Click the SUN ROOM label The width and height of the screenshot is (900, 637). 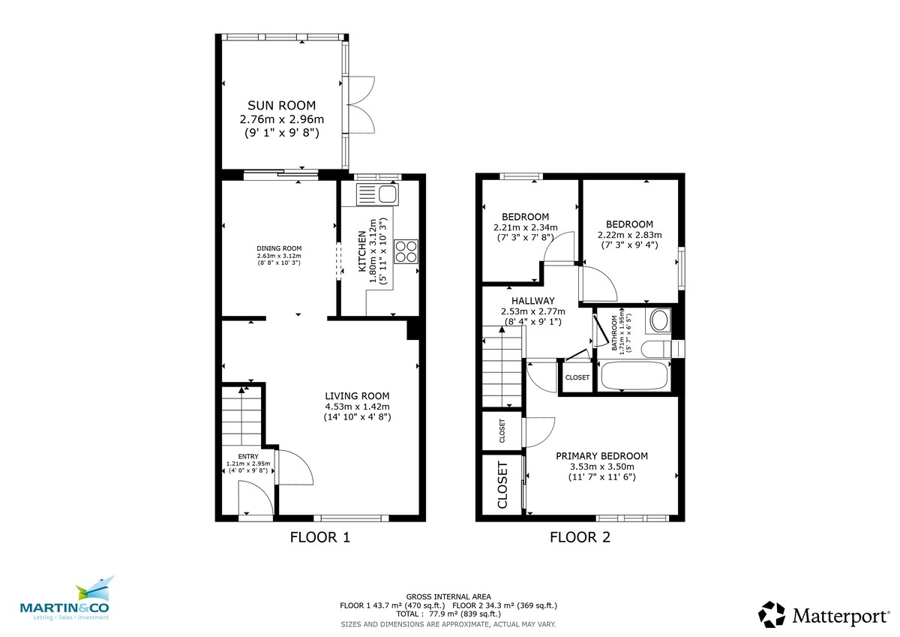[x=282, y=106]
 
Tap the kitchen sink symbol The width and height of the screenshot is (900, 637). [x=377, y=194]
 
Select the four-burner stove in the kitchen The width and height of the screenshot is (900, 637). [x=406, y=251]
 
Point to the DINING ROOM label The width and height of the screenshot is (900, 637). [x=279, y=248]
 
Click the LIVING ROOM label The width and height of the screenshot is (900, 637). [x=357, y=396]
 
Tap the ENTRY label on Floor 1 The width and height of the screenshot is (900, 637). [x=248, y=456]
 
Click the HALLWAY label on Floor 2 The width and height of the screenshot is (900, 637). [x=532, y=301]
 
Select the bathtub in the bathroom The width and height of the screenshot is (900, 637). [x=634, y=376]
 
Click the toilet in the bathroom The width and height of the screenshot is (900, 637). [x=656, y=349]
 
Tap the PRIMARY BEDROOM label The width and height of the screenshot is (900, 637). [x=601, y=456]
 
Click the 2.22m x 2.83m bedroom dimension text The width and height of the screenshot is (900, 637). [x=629, y=235]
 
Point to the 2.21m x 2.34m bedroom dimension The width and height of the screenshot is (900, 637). [x=526, y=227]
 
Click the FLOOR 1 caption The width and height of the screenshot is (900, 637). [x=320, y=537]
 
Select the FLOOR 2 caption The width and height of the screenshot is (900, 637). [x=580, y=537]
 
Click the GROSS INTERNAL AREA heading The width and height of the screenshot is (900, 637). [x=448, y=596]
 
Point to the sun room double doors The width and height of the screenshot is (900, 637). [x=361, y=104]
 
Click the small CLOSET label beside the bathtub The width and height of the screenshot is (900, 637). [x=577, y=377]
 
